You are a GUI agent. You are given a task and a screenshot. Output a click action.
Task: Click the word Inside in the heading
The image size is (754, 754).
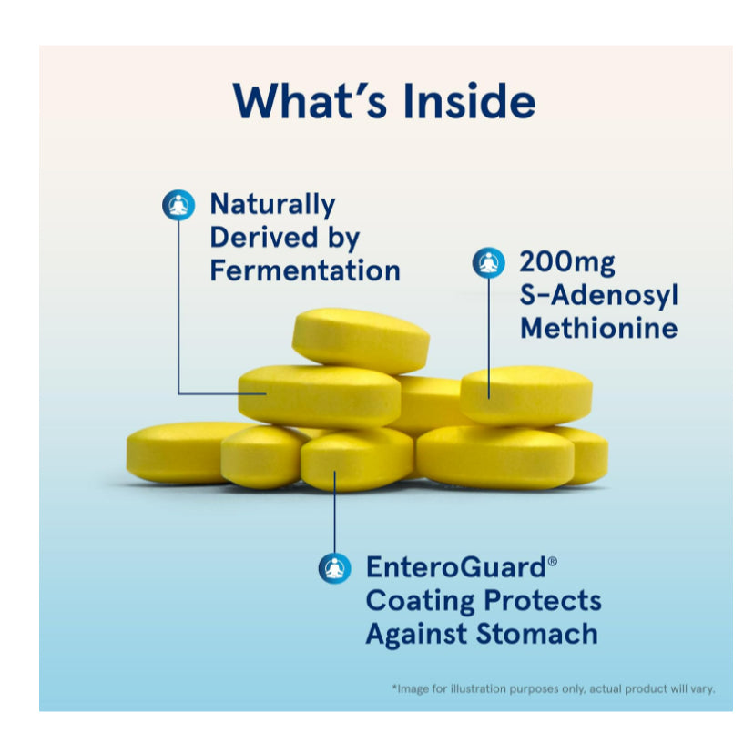tap(469, 101)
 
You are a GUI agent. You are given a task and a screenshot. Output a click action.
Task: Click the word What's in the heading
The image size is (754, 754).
tap(311, 100)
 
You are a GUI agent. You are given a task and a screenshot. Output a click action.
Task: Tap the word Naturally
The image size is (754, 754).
tap(272, 205)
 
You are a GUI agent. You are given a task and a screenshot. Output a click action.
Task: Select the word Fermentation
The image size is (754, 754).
tap(305, 270)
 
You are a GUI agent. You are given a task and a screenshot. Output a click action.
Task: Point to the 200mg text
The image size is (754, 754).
tap(567, 263)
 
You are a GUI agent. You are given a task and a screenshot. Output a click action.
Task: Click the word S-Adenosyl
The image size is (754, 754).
tap(599, 295)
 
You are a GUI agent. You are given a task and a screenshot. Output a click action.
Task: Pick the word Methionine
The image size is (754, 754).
tap(599, 328)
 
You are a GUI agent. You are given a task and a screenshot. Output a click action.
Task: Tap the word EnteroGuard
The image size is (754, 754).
tap(456, 567)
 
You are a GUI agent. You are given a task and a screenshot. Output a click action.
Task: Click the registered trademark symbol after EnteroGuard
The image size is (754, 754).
tap(553, 561)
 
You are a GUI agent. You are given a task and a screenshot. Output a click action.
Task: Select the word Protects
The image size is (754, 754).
tap(543, 601)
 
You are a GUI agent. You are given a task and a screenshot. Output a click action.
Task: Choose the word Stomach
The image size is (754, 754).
tap(537, 633)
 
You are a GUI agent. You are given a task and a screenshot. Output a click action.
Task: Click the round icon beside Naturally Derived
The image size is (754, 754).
tap(178, 205)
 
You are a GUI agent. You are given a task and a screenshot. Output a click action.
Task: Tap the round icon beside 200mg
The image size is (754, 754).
tap(489, 262)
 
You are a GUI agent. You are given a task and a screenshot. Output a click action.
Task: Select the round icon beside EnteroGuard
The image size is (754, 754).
tap(335, 568)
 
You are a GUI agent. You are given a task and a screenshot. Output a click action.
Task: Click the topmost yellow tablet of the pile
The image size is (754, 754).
tap(361, 340)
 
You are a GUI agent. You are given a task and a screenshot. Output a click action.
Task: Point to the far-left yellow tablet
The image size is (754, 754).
tap(178, 453)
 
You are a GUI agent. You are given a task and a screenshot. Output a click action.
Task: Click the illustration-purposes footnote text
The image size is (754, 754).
tap(554, 688)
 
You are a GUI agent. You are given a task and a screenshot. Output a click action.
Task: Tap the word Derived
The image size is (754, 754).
tap(264, 237)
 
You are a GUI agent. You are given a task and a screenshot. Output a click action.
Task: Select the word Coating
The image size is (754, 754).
tap(422, 601)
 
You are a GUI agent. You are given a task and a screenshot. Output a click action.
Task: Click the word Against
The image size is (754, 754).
tap(417, 635)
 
